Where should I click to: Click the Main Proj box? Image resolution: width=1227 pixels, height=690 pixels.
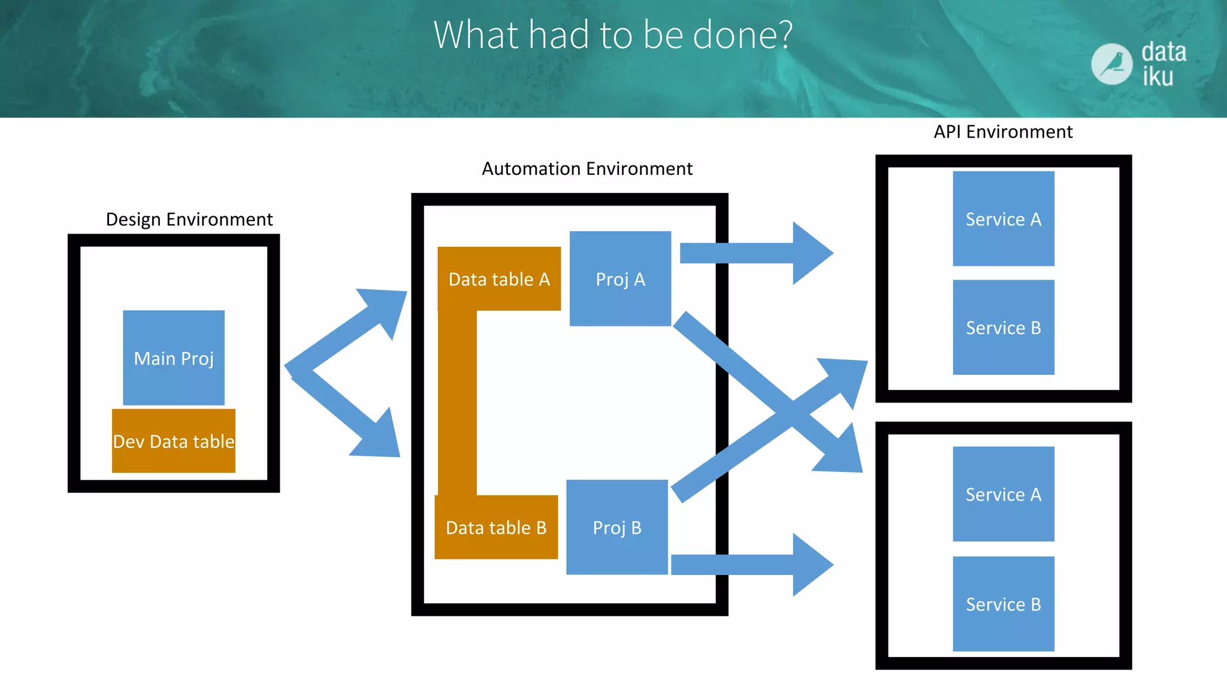[x=174, y=358]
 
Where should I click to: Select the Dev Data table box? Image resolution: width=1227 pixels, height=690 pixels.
[x=174, y=441]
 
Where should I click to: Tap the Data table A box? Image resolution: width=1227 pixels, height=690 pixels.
[x=499, y=279]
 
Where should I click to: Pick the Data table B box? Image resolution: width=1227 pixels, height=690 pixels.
[x=496, y=527]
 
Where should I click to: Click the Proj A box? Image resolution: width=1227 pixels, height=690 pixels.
[x=620, y=279]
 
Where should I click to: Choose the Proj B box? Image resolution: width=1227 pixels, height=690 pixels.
[x=617, y=527]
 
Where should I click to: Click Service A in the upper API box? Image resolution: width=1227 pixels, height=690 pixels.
[x=1004, y=219]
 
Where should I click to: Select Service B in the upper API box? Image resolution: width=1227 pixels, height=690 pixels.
[x=1004, y=328]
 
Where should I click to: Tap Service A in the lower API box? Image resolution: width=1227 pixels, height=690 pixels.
[x=1004, y=494]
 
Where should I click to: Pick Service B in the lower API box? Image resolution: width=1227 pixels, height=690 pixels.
[x=1004, y=604]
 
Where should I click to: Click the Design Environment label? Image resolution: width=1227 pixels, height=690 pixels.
[x=189, y=219]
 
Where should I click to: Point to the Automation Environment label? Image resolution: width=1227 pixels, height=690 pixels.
[x=587, y=169]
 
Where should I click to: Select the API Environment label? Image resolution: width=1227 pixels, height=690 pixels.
[x=1003, y=132]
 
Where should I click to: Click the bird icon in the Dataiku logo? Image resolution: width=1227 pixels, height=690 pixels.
[x=1111, y=64]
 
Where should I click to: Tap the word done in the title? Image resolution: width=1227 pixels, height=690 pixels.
[x=743, y=35]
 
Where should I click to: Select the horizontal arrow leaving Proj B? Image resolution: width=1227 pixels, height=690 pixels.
[x=752, y=564]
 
